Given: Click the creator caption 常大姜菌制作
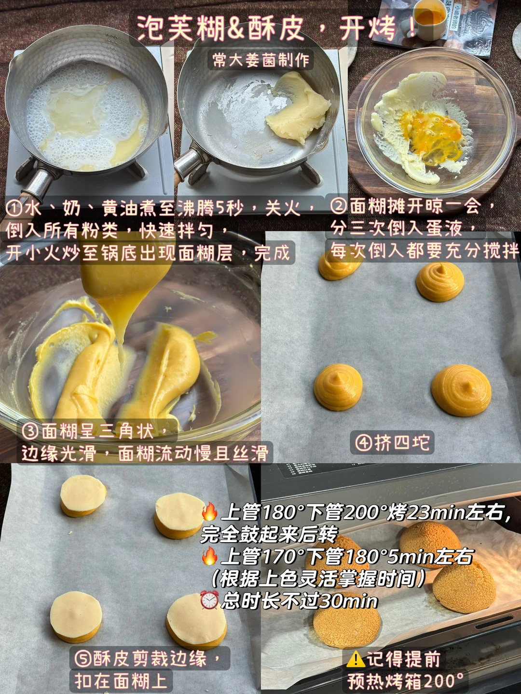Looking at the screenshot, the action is [261, 60].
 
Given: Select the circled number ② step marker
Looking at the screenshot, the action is [339, 206].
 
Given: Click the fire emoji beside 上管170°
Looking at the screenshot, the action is [209, 557].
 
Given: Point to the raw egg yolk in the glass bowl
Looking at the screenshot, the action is [436, 136].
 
